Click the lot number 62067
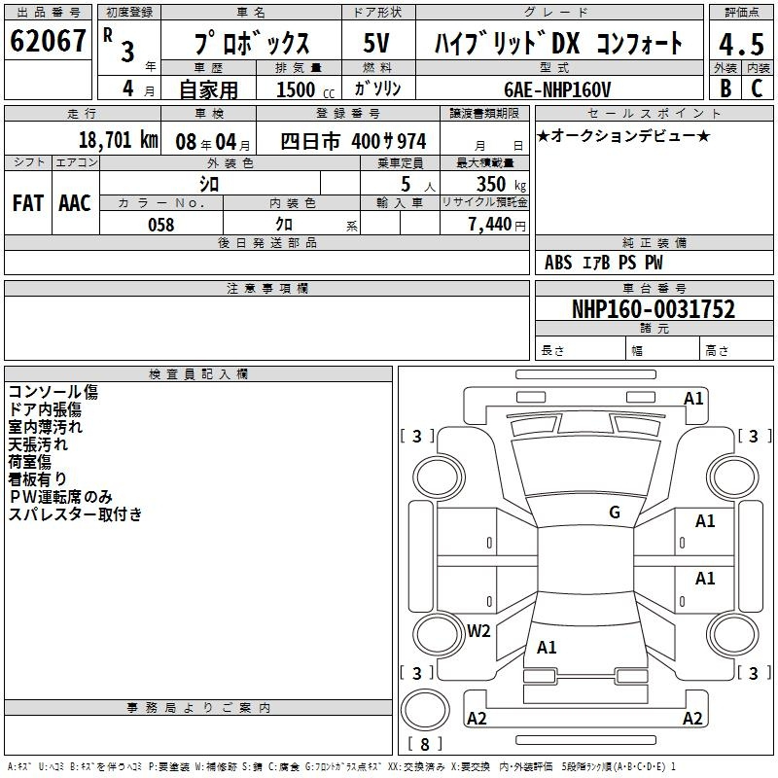point(48,41)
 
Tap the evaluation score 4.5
point(741,44)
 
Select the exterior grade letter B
point(725,88)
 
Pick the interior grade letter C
point(757,88)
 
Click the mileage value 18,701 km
point(119,140)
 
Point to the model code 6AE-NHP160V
point(557,89)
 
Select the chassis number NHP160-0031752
point(654,309)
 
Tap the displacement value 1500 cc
point(305,89)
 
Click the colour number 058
point(161,225)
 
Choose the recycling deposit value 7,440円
point(497,225)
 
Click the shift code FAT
point(28,203)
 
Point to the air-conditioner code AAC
point(75,203)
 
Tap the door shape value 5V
point(376,43)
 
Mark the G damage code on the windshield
point(615,512)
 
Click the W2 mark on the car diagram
point(478,630)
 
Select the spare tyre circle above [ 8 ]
point(425,710)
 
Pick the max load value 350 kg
point(501,184)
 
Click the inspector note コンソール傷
point(53,392)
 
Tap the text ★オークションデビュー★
point(623,135)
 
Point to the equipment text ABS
point(558,263)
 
